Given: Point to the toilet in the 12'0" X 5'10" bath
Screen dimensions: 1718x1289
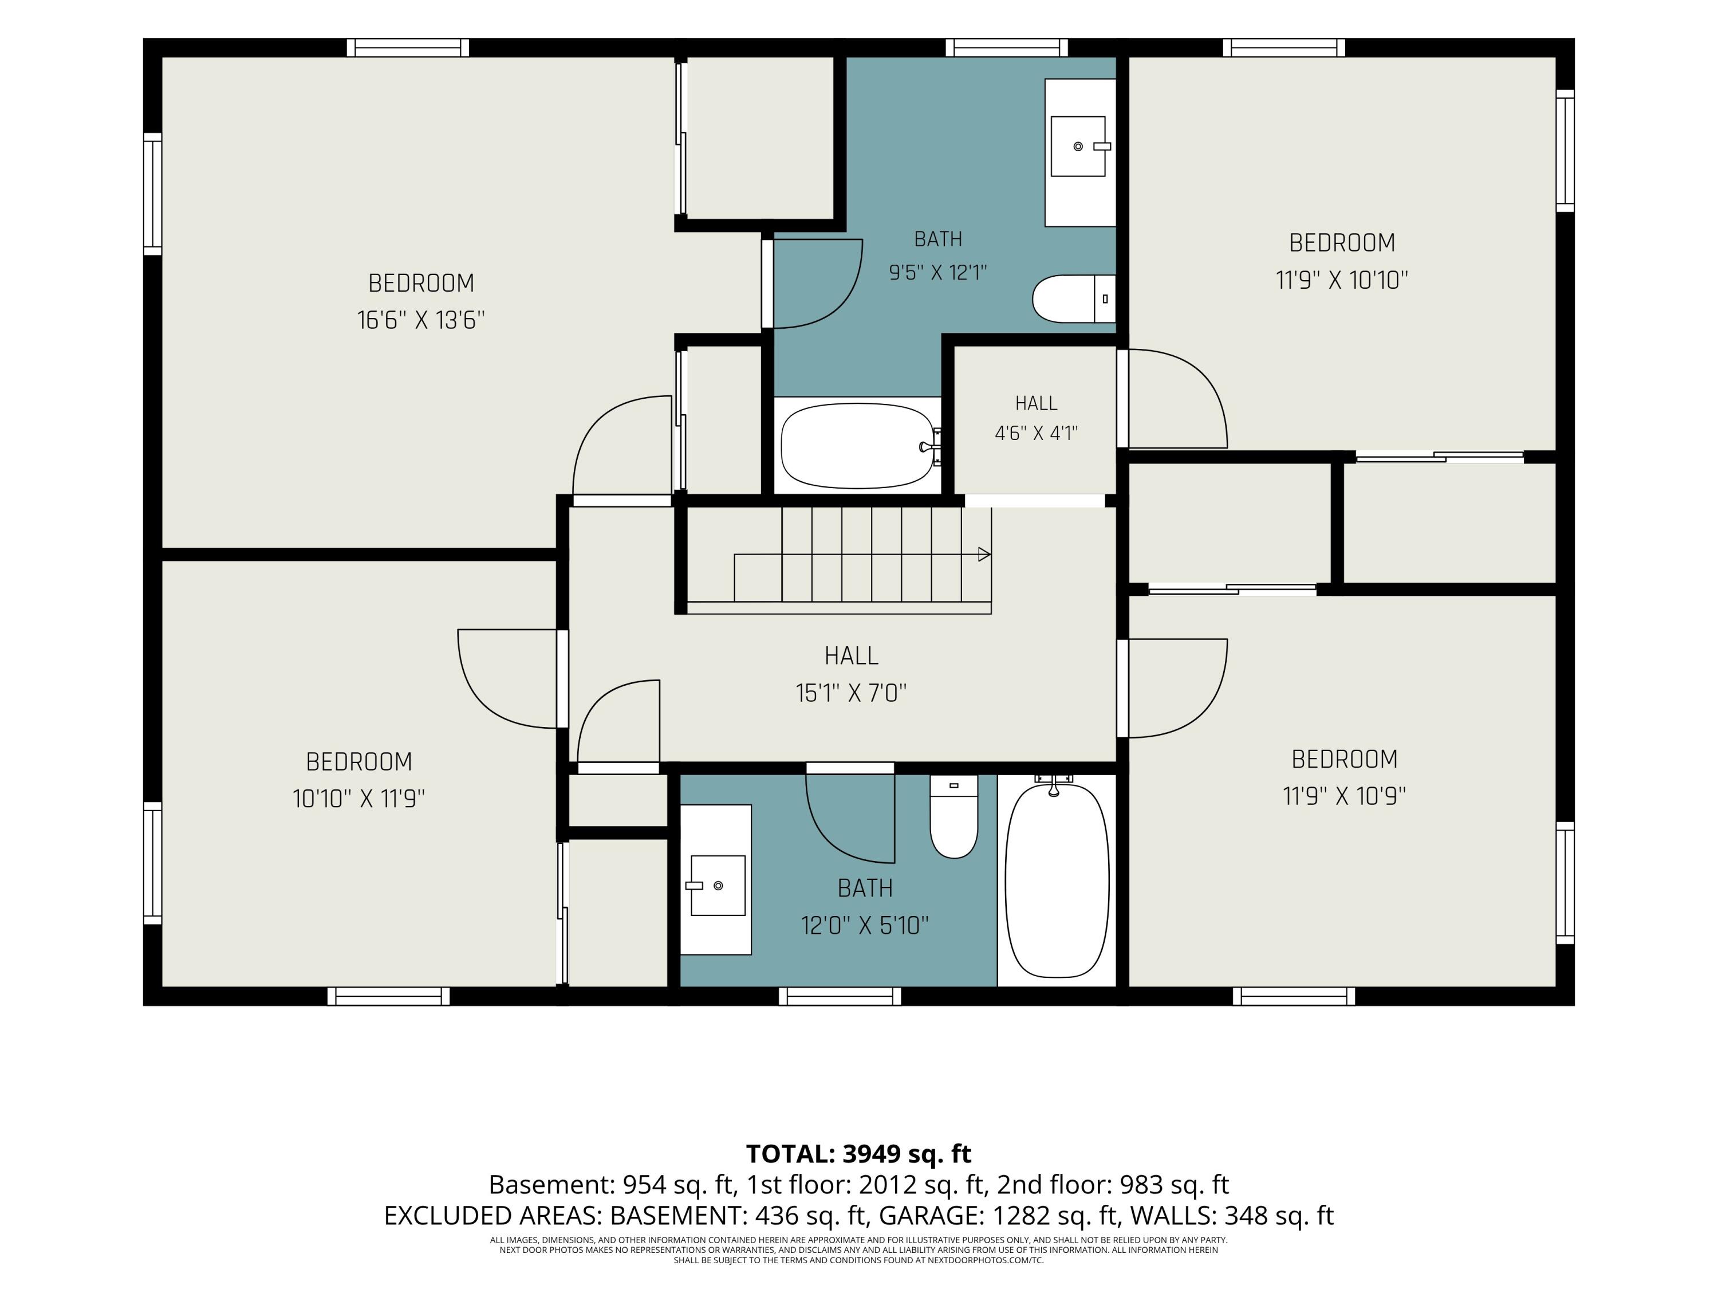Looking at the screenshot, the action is pyautogui.click(x=953, y=816).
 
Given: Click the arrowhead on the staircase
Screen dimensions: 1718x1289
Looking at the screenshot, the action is pyautogui.click(x=984, y=555).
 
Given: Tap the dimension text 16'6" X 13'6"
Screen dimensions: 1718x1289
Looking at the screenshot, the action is pyautogui.click(x=421, y=320).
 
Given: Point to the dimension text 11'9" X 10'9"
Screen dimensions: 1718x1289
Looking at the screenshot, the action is pyautogui.click(x=1345, y=796).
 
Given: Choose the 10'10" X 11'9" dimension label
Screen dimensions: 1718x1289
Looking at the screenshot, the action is pyautogui.click(x=359, y=798).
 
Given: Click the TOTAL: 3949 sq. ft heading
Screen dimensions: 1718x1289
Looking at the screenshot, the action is pyautogui.click(x=858, y=1154).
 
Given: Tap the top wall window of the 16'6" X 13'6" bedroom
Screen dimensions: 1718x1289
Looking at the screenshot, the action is pyautogui.click(x=408, y=48).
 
